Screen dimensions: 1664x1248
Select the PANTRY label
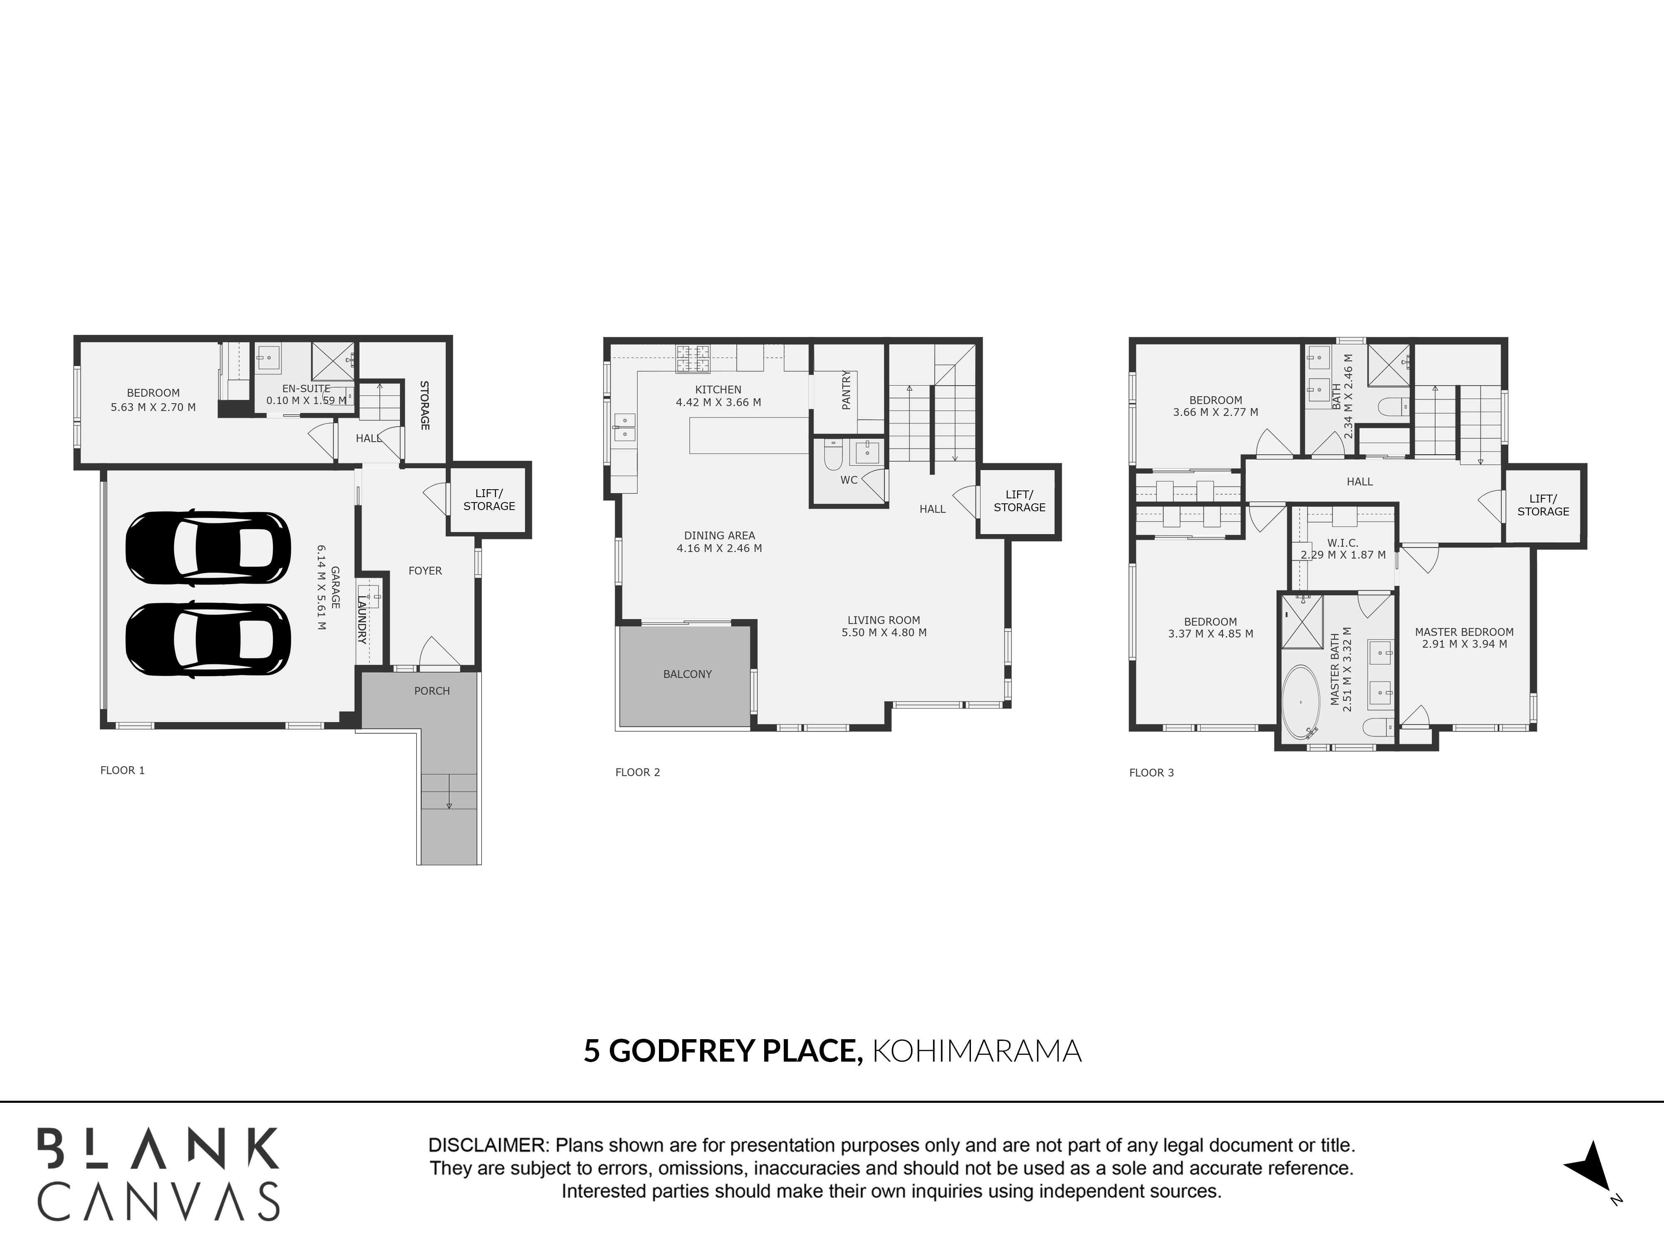click(x=846, y=390)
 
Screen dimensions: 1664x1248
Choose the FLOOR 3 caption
click(x=1151, y=773)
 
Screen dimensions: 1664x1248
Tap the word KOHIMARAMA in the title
click(x=976, y=1051)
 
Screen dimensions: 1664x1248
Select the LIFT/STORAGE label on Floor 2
click(x=1019, y=501)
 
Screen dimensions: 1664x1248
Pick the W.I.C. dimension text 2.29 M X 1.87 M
click(x=1344, y=555)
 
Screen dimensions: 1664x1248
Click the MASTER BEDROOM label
click(x=1464, y=632)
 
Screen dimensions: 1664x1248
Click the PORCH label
click(x=432, y=691)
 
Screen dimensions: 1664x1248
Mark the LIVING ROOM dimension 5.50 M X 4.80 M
click(x=884, y=633)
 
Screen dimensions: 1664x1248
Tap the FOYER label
click(x=425, y=571)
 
